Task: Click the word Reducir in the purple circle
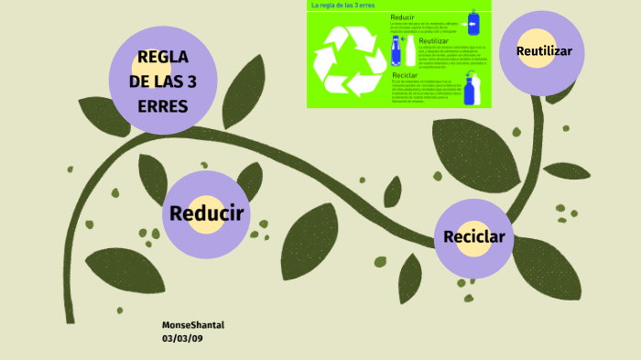[206, 214]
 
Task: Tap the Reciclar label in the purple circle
[473, 237]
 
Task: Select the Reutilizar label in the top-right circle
[544, 51]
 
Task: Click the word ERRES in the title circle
[163, 106]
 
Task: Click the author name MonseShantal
[193, 325]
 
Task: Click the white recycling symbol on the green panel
[348, 60]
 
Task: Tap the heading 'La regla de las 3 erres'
[343, 5]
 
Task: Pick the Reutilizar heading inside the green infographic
[433, 40]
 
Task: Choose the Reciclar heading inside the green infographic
[406, 75]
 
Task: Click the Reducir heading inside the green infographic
[403, 17]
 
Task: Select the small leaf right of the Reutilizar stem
[567, 169]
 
